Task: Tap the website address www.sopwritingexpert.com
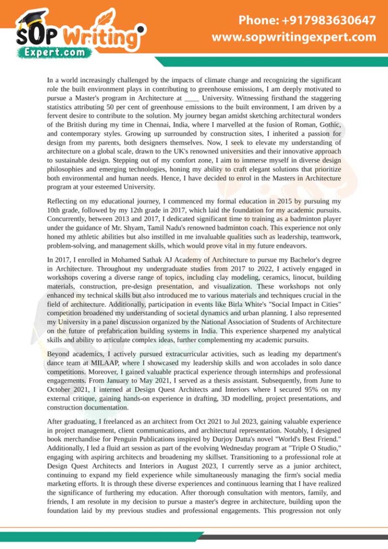coord(294,37)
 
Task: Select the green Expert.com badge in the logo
coord(55,52)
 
